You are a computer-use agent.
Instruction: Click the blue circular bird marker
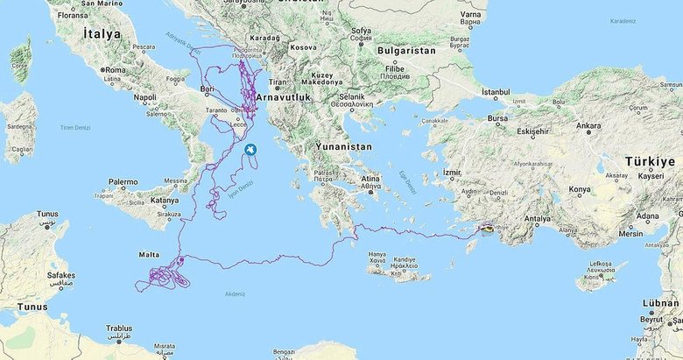pyautogui.click(x=251, y=151)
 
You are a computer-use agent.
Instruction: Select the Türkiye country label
pyautogui.click(x=650, y=162)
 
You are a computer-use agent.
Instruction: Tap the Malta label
pyautogui.click(x=150, y=254)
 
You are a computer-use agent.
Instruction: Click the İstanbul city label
pyautogui.click(x=495, y=91)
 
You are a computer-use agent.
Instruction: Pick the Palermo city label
pyautogui.click(x=123, y=181)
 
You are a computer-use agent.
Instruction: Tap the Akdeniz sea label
pyautogui.click(x=236, y=293)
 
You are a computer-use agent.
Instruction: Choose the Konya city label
pyautogui.click(x=580, y=188)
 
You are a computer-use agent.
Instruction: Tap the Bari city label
pyautogui.click(x=208, y=88)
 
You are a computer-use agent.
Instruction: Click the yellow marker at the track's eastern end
pyautogui.click(x=487, y=229)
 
